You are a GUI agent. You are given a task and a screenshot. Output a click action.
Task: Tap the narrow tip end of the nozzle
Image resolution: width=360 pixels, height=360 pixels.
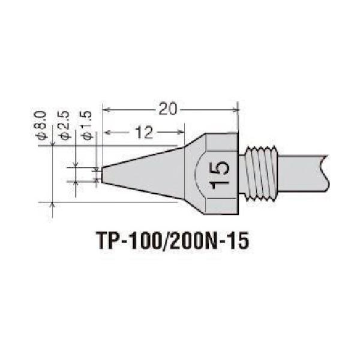(x=103, y=175)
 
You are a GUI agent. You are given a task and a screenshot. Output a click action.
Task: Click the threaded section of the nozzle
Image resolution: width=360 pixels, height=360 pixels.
(x=262, y=175)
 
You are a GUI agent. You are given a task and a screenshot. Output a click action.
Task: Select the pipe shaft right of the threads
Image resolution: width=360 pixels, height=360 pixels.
(x=303, y=175)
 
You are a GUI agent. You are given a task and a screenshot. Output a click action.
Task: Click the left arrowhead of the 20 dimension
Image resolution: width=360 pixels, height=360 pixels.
(x=106, y=109)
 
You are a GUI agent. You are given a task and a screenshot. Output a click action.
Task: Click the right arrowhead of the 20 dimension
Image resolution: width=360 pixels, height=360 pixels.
(x=235, y=109)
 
